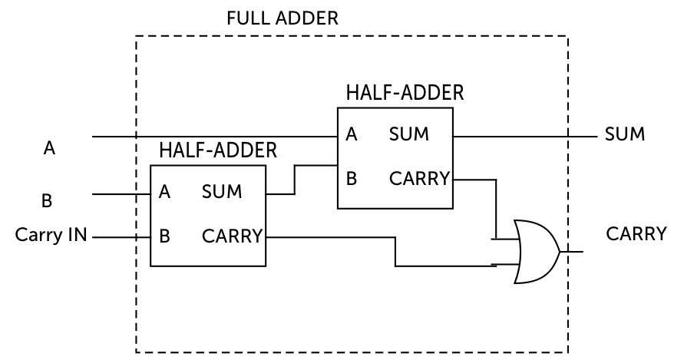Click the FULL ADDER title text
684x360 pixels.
coord(283,18)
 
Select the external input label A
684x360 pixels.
coord(49,149)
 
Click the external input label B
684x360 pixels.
coord(46,201)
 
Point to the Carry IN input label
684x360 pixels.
coord(51,235)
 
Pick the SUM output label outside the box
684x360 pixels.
coord(624,135)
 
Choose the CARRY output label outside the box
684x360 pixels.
coord(636,233)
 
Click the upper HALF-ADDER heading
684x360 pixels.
coord(405,93)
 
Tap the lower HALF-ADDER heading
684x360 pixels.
coord(217,150)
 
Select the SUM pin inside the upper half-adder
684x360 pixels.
coord(408,135)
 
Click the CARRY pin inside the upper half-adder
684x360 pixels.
coord(418,179)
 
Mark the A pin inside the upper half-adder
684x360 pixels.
coord(352,135)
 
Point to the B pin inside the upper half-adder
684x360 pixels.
coord(352,179)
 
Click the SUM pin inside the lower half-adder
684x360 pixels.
coord(222,191)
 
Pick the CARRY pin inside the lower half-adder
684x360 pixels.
coord(232,236)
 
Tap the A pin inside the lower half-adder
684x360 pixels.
coord(164,191)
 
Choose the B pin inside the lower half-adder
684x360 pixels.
coord(164,236)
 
